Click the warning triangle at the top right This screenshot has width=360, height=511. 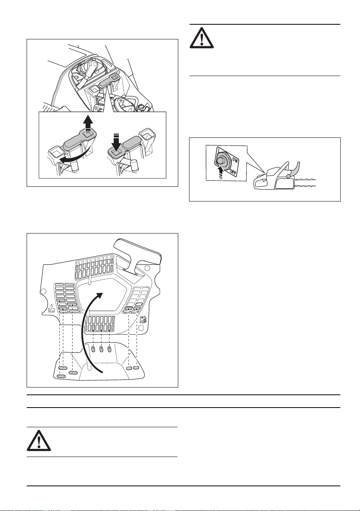click(x=202, y=38)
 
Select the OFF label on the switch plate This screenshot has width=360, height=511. click(x=233, y=172)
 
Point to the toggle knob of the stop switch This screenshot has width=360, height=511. click(x=220, y=160)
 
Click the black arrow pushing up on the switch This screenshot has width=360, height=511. click(x=220, y=173)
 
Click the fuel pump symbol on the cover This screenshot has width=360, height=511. click(x=144, y=319)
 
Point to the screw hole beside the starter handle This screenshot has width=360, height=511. click(x=147, y=269)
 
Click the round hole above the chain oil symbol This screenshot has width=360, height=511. click(x=43, y=291)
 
